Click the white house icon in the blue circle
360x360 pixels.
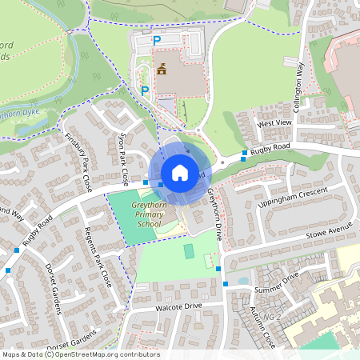(180, 173)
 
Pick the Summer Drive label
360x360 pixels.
(276, 281)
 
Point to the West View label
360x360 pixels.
(274, 123)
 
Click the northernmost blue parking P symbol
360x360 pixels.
(157, 39)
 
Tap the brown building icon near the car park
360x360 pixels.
(162, 69)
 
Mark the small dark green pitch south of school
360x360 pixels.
(189, 251)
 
